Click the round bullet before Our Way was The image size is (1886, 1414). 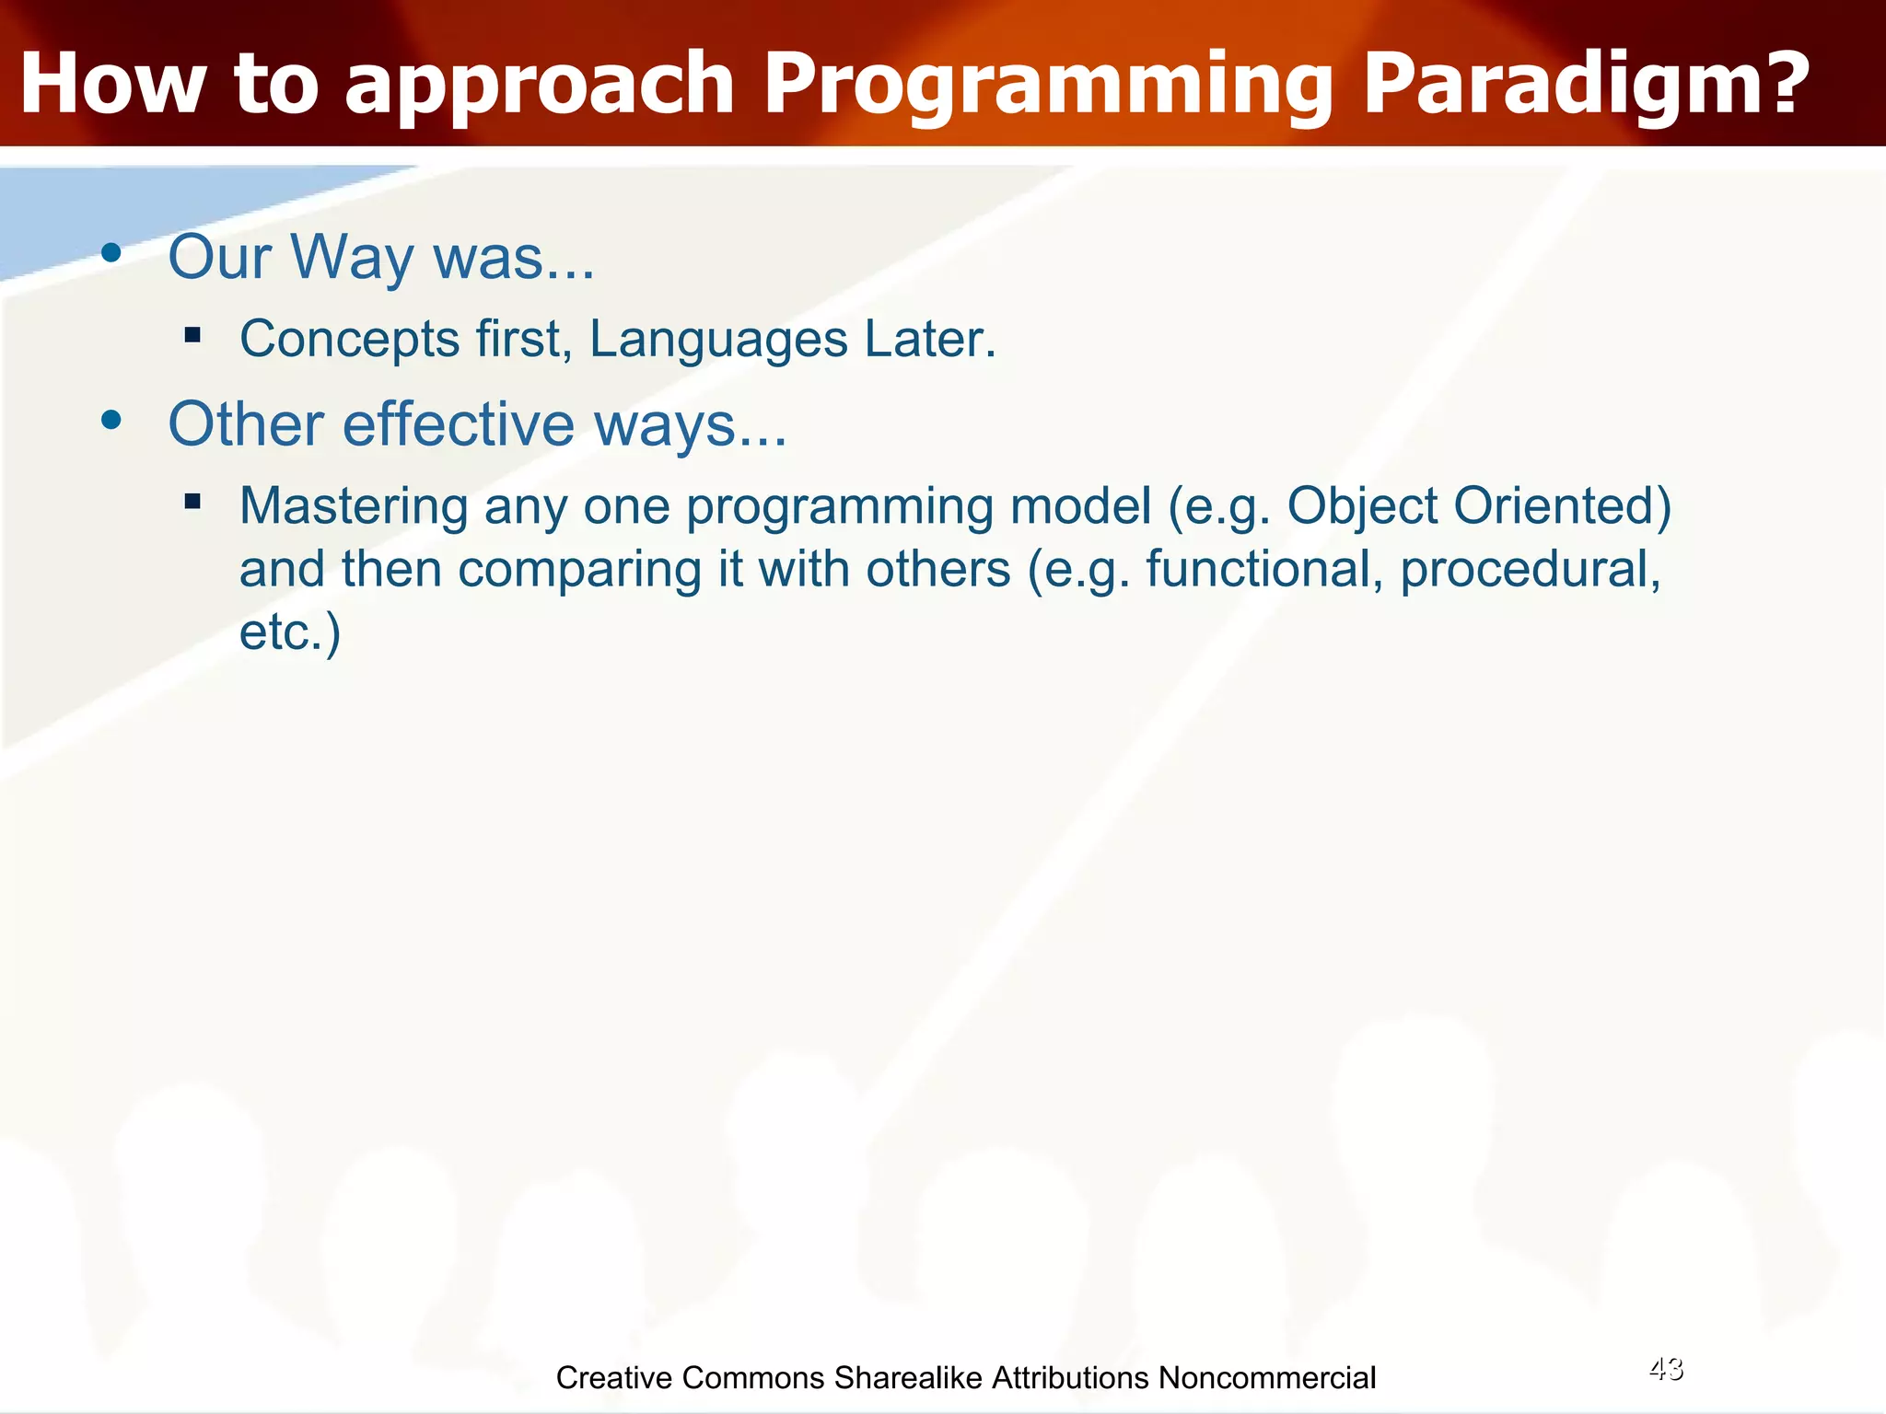click(111, 254)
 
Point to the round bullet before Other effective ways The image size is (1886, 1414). click(111, 422)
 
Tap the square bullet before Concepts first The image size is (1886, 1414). click(192, 334)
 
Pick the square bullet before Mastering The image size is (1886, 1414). click(192, 502)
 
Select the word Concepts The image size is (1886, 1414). click(350, 339)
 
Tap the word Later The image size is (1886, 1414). click(930, 339)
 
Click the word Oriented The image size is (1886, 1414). click(1562, 506)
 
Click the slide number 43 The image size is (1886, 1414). click(1666, 1369)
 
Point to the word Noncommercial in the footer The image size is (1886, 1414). click(1267, 1377)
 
